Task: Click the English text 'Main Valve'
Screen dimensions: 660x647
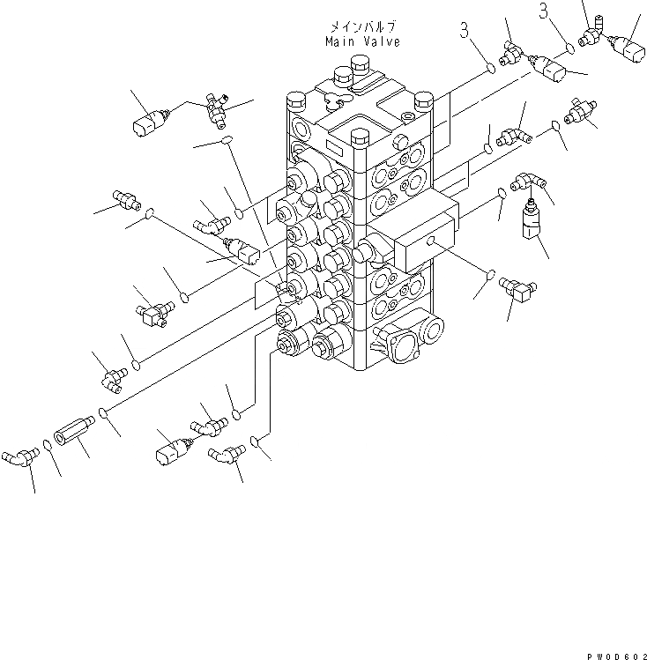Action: click(361, 41)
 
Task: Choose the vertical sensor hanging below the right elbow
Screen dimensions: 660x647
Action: click(531, 220)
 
